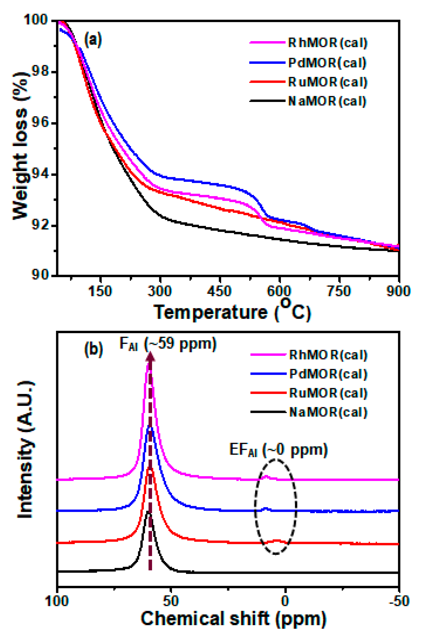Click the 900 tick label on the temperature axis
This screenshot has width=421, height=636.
click(x=398, y=291)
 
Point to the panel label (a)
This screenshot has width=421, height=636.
click(x=93, y=40)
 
